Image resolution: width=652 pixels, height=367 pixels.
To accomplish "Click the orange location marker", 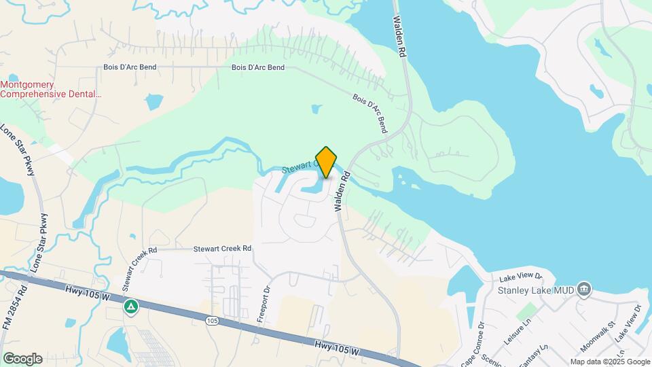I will point(326,162).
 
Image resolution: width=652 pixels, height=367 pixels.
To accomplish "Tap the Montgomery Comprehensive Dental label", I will point(50,90).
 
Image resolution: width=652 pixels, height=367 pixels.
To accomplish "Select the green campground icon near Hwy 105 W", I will point(130,307).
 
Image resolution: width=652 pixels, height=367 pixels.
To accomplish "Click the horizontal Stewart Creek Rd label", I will point(222,249).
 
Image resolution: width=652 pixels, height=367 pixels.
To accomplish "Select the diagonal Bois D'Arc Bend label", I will point(369,112).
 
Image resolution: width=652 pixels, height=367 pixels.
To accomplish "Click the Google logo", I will point(22,359).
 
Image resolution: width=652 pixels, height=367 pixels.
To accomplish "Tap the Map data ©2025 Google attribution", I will point(610,362).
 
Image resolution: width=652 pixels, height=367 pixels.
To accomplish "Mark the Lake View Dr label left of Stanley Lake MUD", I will point(521,277).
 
